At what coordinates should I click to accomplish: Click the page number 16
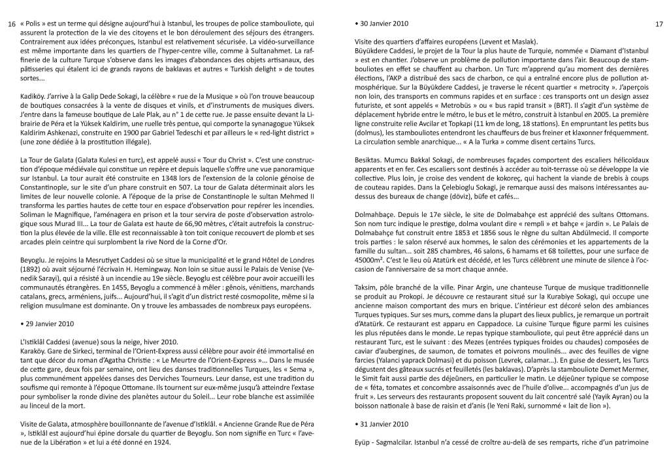click(x=10, y=25)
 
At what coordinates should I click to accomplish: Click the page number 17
click(x=659, y=25)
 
